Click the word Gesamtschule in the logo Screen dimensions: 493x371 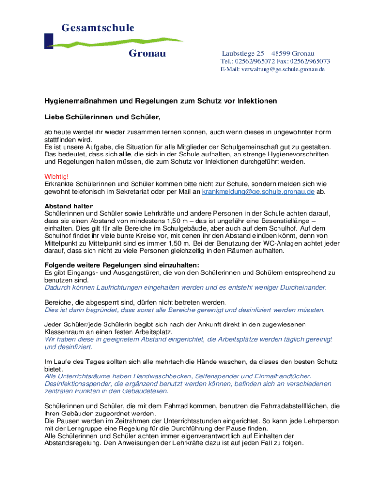click(x=98, y=28)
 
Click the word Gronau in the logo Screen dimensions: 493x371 click(x=147, y=53)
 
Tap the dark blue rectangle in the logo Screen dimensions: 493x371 click(x=49, y=40)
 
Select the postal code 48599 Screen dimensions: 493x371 click(x=281, y=53)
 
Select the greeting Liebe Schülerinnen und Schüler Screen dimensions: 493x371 click(x=102, y=117)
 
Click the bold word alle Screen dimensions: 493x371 click(x=125, y=154)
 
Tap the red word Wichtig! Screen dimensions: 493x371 click(x=56, y=176)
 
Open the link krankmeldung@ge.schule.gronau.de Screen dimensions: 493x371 click(x=258, y=191)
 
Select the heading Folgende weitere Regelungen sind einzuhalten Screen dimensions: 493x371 click(x=122, y=265)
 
